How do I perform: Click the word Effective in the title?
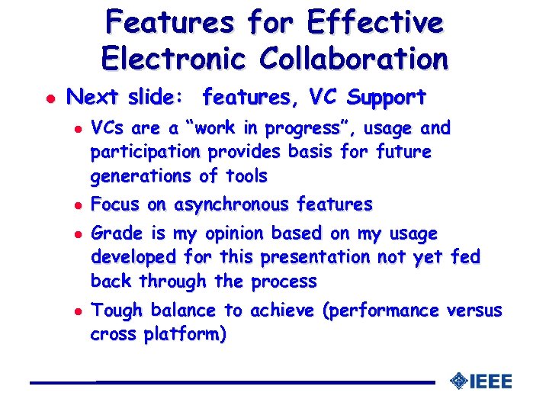click(x=374, y=22)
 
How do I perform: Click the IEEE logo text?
click(x=490, y=381)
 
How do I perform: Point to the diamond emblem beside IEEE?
click(x=458, y=381)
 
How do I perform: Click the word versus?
click(x=474, y=311)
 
